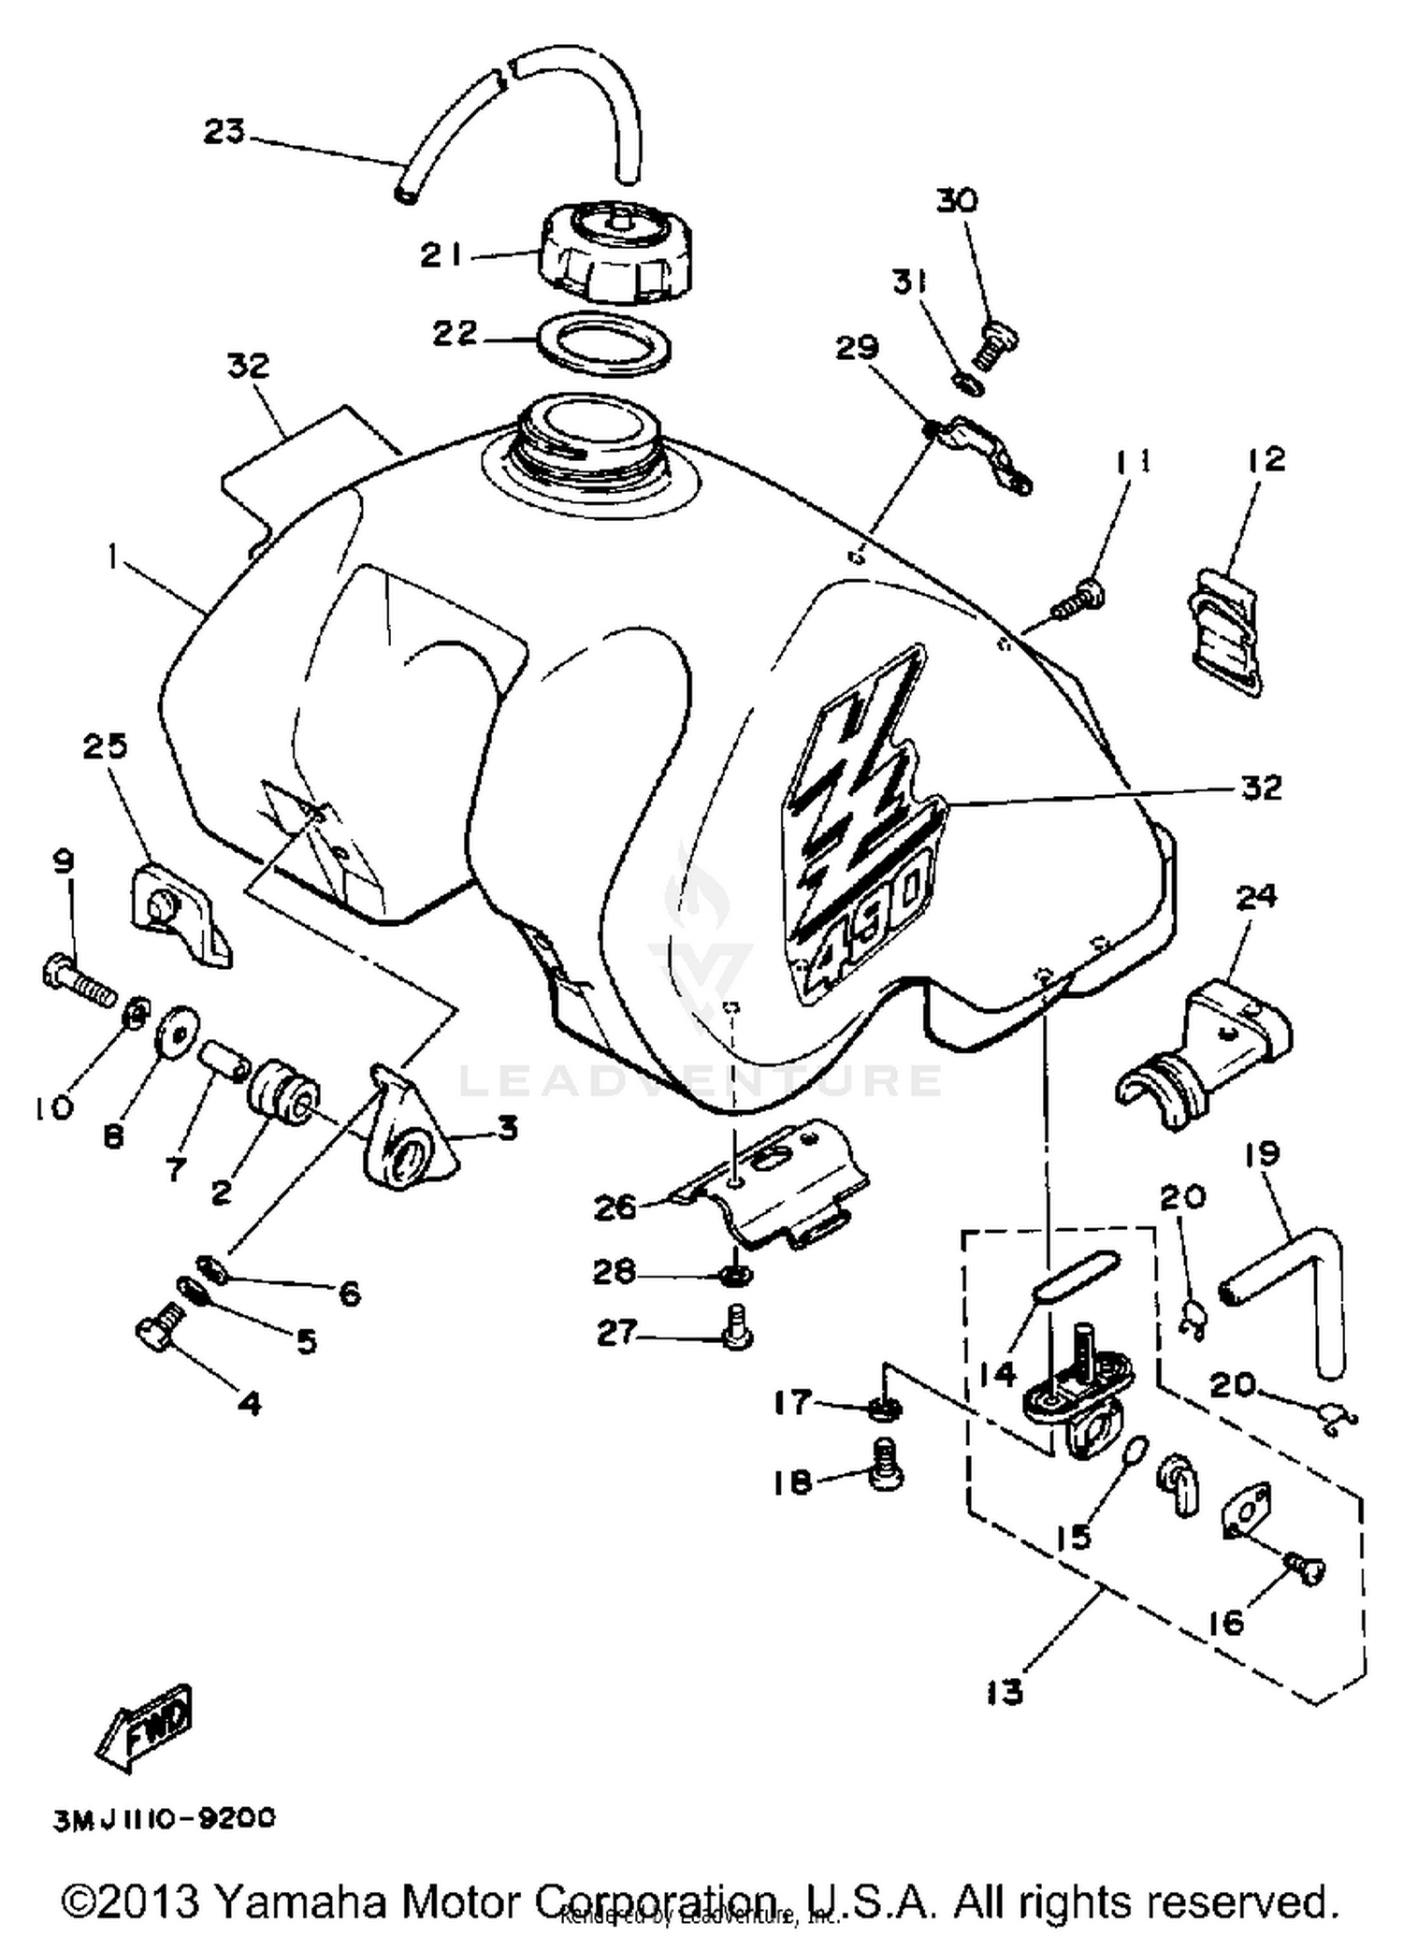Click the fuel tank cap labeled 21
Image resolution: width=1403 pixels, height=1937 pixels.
(x=603, y=253)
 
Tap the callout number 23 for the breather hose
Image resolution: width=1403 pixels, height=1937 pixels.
(x=224, y=132)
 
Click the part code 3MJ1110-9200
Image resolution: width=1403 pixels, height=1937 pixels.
(x=165, y=1818)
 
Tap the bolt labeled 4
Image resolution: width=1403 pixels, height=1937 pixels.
(x=161, y=1329)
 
